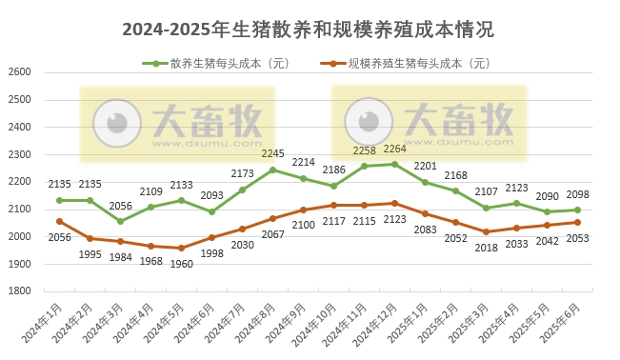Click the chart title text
pos(310,30)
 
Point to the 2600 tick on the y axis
pos(19,72)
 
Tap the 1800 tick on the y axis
pos(19,291)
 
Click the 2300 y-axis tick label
pos(19,154)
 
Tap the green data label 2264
pos(394,149)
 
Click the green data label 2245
pos(273,153)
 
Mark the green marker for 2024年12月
pos(394,164)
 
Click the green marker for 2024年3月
pos(120,221)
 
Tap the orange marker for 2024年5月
pos(181,248)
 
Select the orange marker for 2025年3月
pos(486,231)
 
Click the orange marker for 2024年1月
pos(59,221)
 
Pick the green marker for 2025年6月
pos(577,210)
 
